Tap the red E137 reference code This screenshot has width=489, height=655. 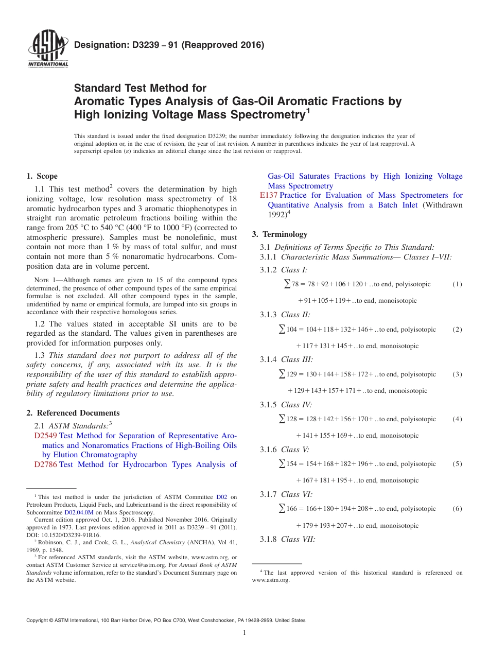click(269, 195)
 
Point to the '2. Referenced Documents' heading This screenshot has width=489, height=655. click(73, 413)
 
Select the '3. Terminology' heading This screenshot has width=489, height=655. click(280, 234)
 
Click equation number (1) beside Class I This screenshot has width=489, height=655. click(457, 284)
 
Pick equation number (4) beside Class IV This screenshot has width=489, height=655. click(457, 419)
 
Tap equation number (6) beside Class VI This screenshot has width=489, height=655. click(457, 509)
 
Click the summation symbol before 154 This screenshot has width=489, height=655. click(282, 464)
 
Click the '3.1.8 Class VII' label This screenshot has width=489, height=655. click(288, 540)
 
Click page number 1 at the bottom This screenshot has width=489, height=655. click(244, 633)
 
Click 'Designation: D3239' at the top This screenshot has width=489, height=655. click(124, 45)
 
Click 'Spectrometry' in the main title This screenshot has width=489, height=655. click(259, 114)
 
